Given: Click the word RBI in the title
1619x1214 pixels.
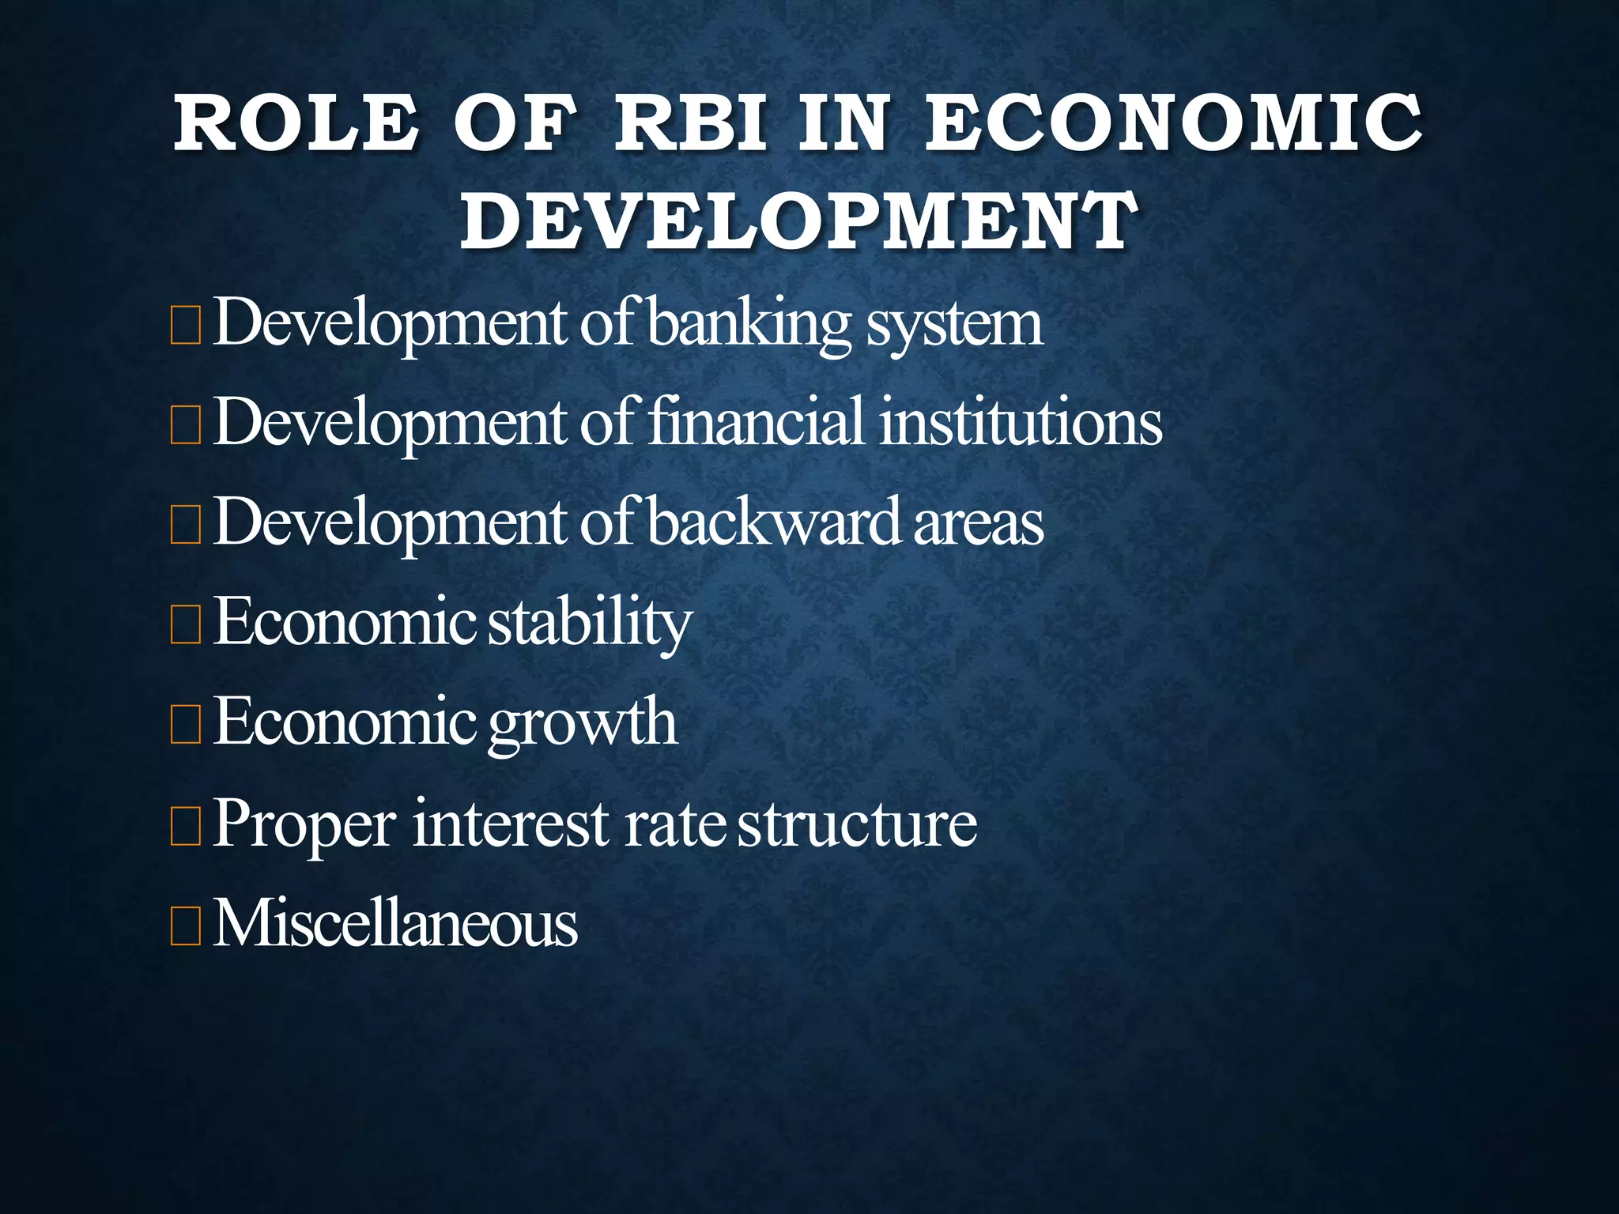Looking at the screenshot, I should click(x=690, y=123).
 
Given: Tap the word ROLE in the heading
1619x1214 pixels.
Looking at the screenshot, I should click(x=296, y=123).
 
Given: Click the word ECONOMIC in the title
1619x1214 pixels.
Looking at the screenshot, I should click(x=1174, y=123).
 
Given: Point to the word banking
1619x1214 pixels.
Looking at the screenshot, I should click(x=749, y=324).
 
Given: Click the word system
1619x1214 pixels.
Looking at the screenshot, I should click(x=954, y=324).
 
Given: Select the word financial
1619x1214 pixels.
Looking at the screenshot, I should click(x=757, y=422).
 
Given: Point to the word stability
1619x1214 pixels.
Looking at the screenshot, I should click(x=590, y=623).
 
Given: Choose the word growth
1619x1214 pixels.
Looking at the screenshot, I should click(x=583, y=722).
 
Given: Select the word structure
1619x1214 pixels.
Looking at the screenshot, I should click(x=857, y=824).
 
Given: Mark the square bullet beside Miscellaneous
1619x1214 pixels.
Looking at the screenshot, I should click(x=186, y=926).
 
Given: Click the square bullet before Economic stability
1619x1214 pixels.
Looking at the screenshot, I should click(x=186, y=625).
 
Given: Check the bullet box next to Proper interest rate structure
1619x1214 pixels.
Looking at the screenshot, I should click(x=186, y=826).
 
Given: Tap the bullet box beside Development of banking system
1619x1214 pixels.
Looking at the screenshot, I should click(x=186, y=326).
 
